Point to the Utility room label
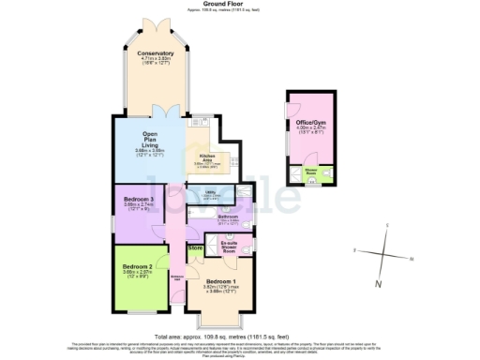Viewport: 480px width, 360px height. [x=211, y=194]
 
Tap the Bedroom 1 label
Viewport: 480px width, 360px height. [x=220, y=282]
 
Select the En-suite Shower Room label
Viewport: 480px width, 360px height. [x=229, y=245]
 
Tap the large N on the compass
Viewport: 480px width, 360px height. [x=379, y=283]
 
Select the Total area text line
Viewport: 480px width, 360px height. [x=240, y=335]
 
